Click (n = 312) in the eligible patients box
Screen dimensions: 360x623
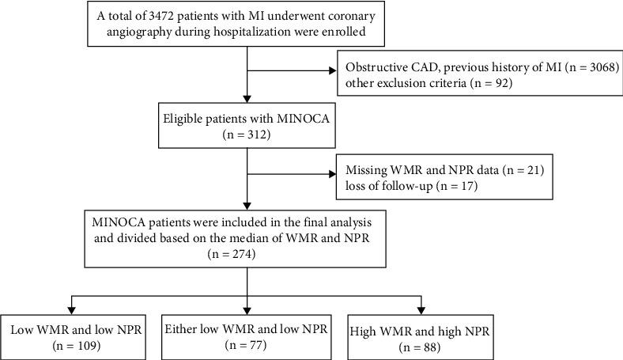[x=247, y=135]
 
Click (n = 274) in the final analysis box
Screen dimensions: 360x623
[x=247, y=256]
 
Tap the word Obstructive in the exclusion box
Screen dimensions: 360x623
[x=373, y=64]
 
